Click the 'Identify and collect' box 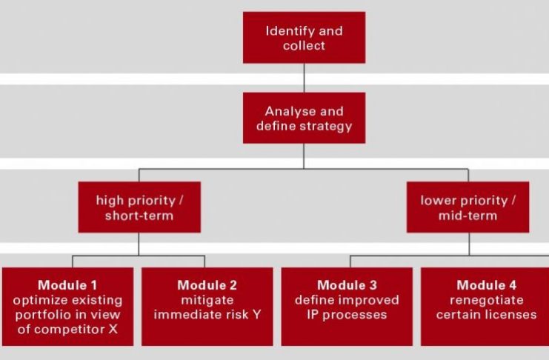pos(304,38)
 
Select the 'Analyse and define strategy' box pos(304,118)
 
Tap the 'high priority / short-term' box pos(139,207)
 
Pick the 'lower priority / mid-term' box pos(468,207)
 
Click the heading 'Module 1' pos(67,285)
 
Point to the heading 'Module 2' pos(207,285)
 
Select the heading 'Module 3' pos(347,285)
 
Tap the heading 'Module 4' pos(486,285)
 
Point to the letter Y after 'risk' pos(256,315)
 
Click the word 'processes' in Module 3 pos(355,315)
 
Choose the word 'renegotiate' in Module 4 pos(487,300)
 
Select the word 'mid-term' pos(468,216)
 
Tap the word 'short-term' pos(139,216)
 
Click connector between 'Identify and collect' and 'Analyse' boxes pos(304,78)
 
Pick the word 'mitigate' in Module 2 pos(207,301)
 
